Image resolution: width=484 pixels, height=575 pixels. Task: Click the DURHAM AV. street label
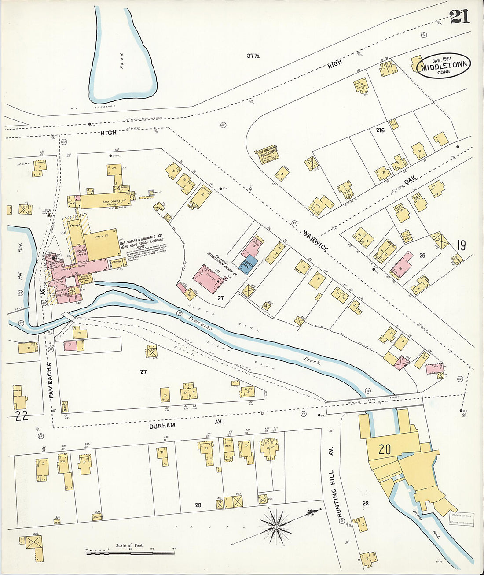(x=162, y=426)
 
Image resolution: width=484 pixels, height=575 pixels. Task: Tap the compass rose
(x=276, y=526)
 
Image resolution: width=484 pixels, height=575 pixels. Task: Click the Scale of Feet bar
(x=130, y=552)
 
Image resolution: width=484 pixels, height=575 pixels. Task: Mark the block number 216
(x=380, y=130)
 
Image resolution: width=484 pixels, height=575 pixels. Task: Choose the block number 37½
(x=253, y=56)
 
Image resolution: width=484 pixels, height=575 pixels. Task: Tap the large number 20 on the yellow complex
(x=384, y=449)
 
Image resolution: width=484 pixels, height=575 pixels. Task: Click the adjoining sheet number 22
(x=21, y=415)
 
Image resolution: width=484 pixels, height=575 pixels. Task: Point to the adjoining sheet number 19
(x=461, y=245)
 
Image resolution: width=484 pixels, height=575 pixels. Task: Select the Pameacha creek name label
(x=201, y=324)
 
